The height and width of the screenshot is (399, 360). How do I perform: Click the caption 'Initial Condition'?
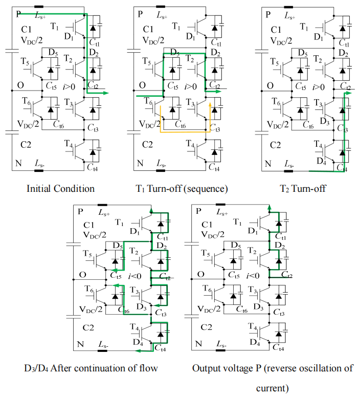click(x=60, y=189)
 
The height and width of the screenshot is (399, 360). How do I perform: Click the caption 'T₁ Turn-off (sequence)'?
click(x=182, y=189)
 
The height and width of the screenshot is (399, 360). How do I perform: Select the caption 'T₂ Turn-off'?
click(x=303, y=189)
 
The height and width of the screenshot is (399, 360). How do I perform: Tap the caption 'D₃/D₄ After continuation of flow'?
click(x=91, y=368)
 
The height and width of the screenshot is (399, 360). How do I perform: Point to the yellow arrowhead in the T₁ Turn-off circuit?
click(x=210, y=104)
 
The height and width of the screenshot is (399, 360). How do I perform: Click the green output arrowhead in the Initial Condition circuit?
click(x=106, y=93)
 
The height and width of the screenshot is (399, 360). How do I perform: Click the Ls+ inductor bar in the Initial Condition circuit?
click(x=39, y=7)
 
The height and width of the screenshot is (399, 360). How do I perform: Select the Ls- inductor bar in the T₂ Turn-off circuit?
click(x=288, y=171)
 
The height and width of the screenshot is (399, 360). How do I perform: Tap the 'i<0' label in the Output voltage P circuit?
click(x=253, y=276)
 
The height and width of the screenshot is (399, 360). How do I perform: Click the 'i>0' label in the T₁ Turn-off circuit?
click(x=191, y=87)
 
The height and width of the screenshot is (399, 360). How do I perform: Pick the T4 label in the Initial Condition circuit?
click(x=69, y=144)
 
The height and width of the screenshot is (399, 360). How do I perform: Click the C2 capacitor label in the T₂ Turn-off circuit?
click(x=275, y=145)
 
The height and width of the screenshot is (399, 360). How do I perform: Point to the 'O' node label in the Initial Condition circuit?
click(x=20, y=85)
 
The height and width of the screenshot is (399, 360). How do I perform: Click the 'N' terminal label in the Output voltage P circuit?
click(x=198, y=344)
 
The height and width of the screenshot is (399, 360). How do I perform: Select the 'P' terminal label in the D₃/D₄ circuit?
click(x=80, y=212)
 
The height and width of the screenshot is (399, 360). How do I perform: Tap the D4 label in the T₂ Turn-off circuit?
click(x=321, y=161)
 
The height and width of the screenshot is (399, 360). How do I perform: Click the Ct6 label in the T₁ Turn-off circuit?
click(x=181, y=125)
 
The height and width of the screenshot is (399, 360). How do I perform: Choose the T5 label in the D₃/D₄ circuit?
click(x=87, y=254)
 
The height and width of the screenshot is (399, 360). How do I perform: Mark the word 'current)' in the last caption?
click(x=272, y=389)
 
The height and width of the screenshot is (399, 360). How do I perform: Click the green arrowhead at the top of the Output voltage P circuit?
click(x=269, y=209)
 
